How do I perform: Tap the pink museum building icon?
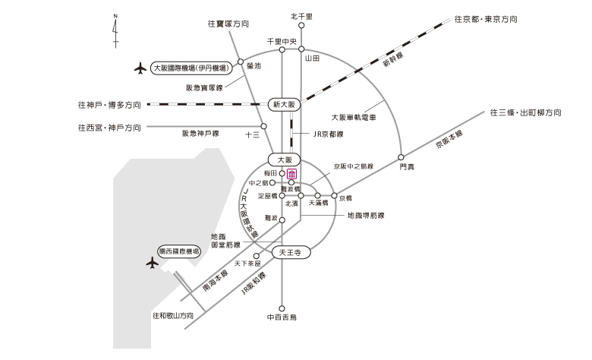[x=291, y=173]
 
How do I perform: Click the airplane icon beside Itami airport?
[x=138, y=68]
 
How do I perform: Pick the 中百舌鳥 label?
[x=281, y=315]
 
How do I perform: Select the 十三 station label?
[x=253, y=134]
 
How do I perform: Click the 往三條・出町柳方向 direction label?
[x=525, y=112]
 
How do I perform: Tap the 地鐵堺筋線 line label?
[x=365, y=215]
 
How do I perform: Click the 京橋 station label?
[x=345, y=199]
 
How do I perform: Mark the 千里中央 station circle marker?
[x=281, y=50]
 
